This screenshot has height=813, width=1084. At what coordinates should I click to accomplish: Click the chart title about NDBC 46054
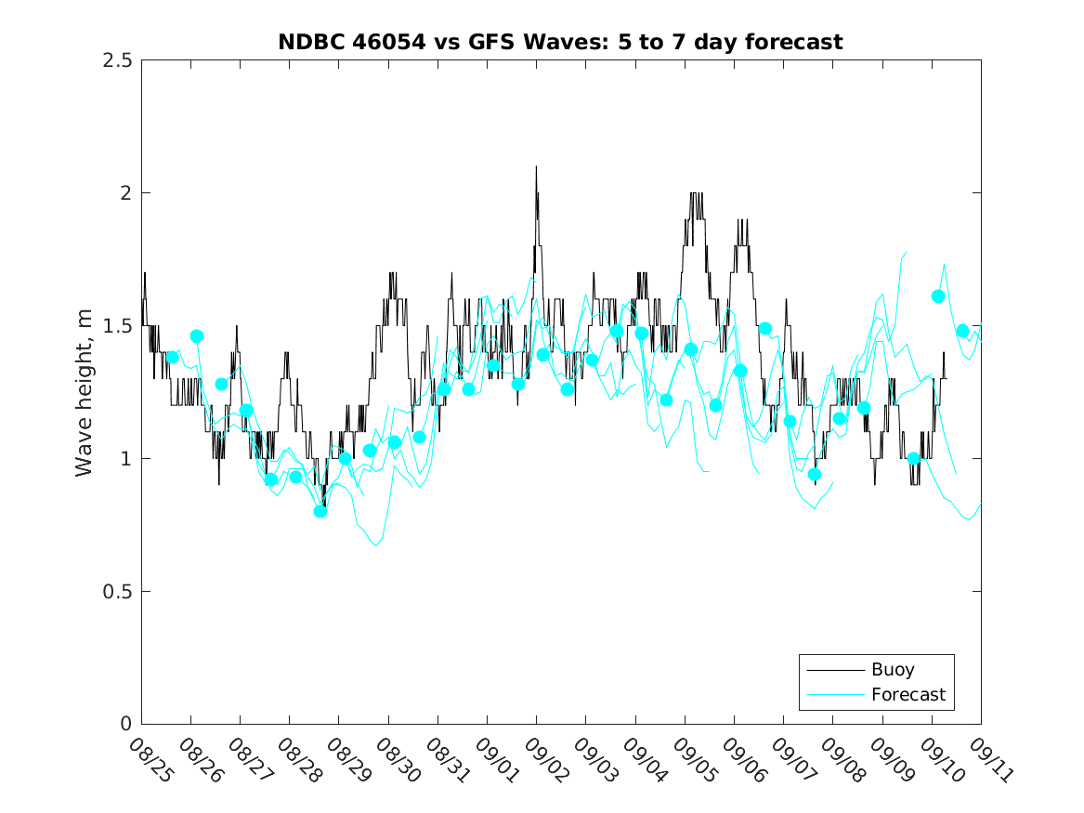(560, 42)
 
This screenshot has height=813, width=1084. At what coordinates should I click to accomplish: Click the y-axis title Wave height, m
(85, 392)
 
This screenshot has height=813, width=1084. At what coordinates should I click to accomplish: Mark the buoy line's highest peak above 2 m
(536, 167)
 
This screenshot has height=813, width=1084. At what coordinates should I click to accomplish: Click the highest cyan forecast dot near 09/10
(938, 296)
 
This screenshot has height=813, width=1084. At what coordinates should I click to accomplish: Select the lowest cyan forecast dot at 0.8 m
(320, 511)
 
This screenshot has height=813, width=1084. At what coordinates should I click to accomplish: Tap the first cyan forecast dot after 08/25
(172, 357)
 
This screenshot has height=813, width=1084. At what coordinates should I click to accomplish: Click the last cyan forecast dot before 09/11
(962, 331)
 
